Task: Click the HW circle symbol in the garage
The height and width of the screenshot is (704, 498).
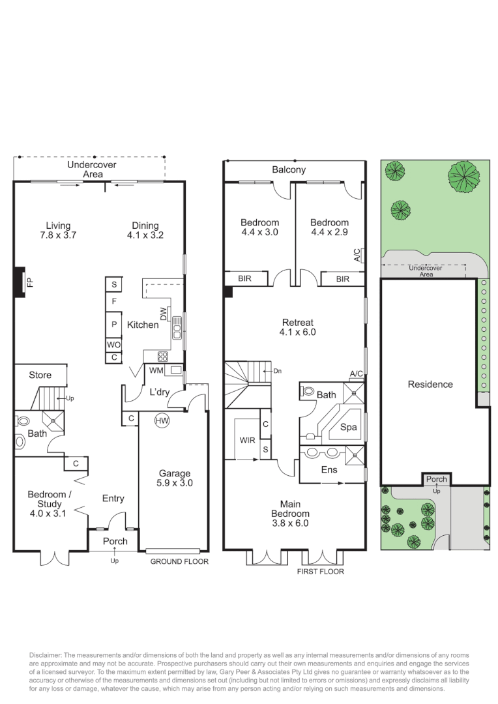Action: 162,421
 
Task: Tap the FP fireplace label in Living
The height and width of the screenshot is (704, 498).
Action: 29,282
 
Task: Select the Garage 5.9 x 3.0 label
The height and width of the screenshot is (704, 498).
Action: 174,478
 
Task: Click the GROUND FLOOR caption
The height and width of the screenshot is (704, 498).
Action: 179,561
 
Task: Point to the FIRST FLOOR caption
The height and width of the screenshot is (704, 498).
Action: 320,572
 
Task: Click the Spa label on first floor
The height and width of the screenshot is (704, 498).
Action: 349,428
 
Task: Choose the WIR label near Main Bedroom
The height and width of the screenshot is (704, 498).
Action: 247,440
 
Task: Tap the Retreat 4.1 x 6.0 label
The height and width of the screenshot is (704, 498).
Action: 297,327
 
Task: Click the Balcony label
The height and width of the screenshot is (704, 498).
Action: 289,170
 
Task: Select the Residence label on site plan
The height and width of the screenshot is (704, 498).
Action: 430,384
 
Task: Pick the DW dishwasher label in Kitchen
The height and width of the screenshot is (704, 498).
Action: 164,314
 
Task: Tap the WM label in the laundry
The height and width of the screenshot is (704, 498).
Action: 156,370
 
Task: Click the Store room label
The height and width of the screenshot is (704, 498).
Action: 40,375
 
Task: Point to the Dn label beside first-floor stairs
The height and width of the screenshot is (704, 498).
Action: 277,371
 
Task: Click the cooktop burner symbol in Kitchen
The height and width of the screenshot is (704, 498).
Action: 162,356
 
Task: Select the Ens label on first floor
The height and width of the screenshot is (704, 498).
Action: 329,469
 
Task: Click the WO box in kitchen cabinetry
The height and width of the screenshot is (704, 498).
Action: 113,345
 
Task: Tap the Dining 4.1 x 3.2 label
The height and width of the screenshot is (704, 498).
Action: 145,231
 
